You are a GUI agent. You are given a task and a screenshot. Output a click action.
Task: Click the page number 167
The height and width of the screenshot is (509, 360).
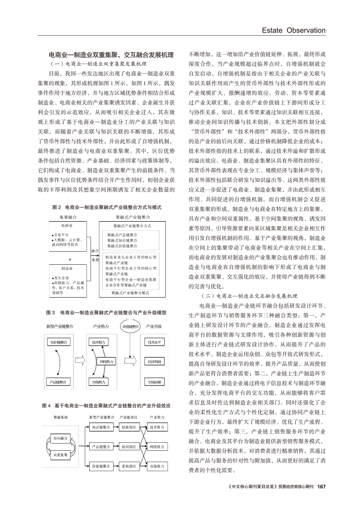322,486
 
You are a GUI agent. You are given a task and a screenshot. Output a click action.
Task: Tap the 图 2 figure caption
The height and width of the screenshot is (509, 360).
107,207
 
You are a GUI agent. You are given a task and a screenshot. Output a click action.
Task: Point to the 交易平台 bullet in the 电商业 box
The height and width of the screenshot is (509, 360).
61,235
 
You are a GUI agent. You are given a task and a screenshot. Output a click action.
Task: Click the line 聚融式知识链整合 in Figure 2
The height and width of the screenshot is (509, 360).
122,240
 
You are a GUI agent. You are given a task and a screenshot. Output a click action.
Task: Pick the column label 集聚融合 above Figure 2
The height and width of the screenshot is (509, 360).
68,216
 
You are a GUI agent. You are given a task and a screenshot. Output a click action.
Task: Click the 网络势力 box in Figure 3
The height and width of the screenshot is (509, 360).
107,362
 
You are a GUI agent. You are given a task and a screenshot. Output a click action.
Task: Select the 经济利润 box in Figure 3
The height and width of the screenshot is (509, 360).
154,362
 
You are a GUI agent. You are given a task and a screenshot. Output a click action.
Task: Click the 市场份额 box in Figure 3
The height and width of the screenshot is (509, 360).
154,382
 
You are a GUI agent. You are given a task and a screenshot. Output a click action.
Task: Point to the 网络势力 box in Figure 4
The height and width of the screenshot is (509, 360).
157,447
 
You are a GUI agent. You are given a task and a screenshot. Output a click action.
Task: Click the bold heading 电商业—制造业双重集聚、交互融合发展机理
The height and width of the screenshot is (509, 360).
111,54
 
